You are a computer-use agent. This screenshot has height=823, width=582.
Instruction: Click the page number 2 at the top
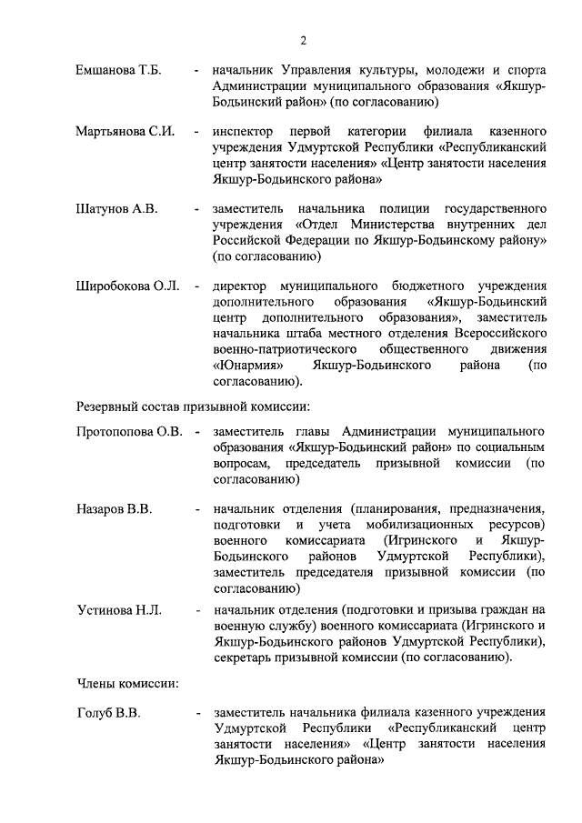coord(305,39)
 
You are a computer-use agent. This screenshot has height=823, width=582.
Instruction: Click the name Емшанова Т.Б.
coord(118,70)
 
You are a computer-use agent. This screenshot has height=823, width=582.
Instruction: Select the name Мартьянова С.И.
coord(125,132)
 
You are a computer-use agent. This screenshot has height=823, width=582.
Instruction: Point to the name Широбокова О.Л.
coord(126,286)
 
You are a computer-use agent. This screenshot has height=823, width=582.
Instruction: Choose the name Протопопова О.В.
coord(130,430)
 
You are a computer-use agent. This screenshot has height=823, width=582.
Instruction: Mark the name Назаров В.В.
coord(114,508)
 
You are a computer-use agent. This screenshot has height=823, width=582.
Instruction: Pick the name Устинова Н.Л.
coord(118,610)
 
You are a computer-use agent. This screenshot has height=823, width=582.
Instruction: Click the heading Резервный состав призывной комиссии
coord(193,403)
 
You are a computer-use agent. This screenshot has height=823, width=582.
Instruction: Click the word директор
coord(244,286)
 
